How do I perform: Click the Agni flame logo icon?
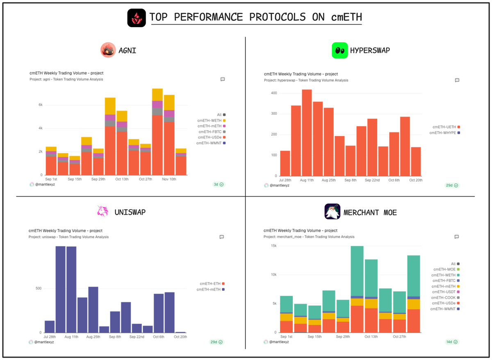(x=108, y=50)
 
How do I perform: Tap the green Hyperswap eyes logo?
(x=339, y=50)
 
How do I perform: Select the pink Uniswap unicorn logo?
(x=103, y=212)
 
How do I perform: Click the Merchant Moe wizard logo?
(x=333, y=212)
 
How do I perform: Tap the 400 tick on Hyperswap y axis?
(x=273, y=93)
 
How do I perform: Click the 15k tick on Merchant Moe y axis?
(x=273, y=246)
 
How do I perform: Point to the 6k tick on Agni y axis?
(x=40, y=105)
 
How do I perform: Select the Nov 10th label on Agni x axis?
(x=169, y=179)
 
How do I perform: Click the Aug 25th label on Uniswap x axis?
(x=93, y=337)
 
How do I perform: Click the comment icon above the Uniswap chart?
(x=221, y=237)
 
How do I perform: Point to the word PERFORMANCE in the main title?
(x=219, y=17)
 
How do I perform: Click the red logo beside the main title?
(x=136, y=18)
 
